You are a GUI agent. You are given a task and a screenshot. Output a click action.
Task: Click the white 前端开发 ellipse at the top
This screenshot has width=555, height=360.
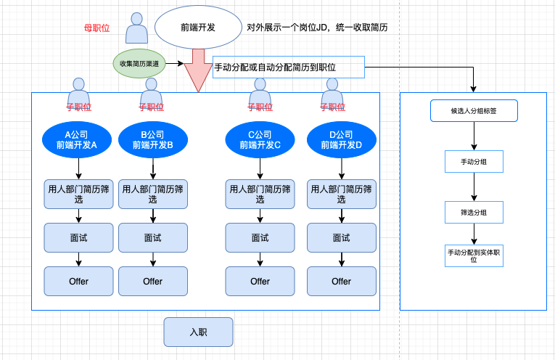pyautogui.click(x=198, y=28)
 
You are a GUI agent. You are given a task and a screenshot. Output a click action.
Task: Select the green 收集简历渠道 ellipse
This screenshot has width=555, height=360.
pyautogui.click(x=139, y=64)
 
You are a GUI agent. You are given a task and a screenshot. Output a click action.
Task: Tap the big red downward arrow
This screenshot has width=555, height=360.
pyautogui.click(x=198, y=71)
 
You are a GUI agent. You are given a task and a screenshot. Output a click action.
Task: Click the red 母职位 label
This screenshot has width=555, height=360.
pyautogui.click(x=96, y=28)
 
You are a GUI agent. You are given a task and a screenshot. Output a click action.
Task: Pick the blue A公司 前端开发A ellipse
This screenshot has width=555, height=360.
pyautogui.click(x=77, y=140)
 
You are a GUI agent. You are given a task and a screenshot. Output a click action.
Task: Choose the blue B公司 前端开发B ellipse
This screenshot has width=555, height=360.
pyautogui.click(x=153, y=140)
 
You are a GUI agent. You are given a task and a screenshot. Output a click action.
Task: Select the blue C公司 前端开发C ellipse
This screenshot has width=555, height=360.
pyautogui.click(x=260, y=140)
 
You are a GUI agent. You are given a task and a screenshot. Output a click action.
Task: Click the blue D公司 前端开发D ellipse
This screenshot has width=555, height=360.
pyautogui.click(x=342, y=140)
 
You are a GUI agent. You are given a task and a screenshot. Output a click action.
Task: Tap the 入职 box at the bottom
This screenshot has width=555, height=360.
pyautogui.click(x=198, y=332)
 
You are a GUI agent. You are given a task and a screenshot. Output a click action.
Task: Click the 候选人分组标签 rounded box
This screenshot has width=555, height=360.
pyautogui.click(x=474, y=111)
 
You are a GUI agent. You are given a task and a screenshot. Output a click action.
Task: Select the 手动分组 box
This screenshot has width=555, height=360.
pyautogui.click(x=474, y=162)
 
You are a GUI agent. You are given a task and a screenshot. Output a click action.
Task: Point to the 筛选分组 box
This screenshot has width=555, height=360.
pyautogui.click(x=474, y=213)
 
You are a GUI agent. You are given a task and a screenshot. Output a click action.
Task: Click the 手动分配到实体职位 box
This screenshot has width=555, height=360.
pyautogui.click(x=474, y=256)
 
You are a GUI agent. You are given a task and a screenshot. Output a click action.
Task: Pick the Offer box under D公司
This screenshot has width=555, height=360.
pyautogui.click(x=342, y=282)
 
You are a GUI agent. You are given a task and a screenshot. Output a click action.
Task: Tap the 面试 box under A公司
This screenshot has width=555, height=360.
pyautogui.click(x=78, y=238)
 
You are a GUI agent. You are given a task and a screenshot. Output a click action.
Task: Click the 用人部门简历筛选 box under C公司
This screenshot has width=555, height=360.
pyautogui.click(x=260, y=195)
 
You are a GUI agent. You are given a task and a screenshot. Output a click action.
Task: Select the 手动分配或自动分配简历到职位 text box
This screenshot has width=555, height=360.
pyautogui.click(x=289, y=67)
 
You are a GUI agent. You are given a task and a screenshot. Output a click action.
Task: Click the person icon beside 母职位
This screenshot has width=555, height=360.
pyautogui.click(x=136, y=28)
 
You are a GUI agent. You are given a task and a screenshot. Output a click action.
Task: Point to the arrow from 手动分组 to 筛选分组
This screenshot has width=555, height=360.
pyautogui.click(x=474, y=187)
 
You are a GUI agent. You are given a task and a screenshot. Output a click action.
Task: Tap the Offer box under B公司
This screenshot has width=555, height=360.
pyautogui.click(x=153, y=282)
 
